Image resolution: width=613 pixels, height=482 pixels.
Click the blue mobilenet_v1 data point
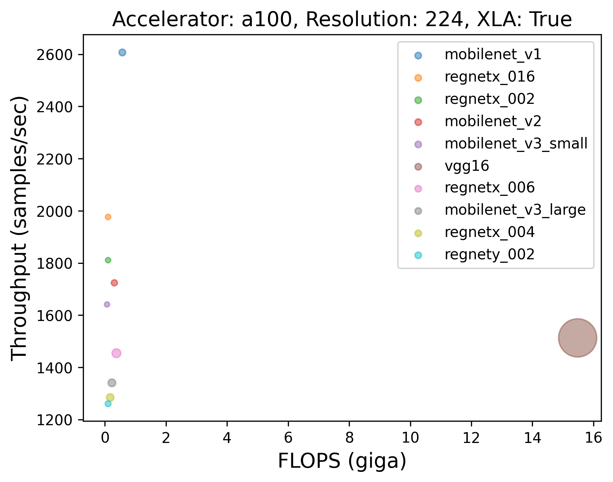(122, 53)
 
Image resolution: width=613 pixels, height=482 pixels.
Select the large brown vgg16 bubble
(577, 338)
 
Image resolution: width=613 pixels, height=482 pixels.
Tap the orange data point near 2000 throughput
(108, 217)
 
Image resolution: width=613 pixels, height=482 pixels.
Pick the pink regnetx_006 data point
(116, 353)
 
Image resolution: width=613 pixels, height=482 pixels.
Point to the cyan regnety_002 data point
(108, 404)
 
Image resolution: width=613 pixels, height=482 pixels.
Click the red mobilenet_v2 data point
(114, 283)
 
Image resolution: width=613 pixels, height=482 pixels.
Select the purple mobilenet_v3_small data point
(107, 304)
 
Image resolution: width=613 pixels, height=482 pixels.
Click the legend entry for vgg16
(467, 166)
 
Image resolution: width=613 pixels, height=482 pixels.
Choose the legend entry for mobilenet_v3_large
(515, 210)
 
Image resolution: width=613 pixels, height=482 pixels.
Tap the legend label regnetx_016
(489, 77)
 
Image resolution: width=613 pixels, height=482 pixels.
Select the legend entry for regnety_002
(489, 255)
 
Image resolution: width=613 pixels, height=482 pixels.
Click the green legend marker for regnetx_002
(418, 100)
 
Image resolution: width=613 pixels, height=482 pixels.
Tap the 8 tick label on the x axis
(349, 438)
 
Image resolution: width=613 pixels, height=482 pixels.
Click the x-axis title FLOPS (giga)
(342, 461)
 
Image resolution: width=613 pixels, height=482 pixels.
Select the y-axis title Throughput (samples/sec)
(19, 228)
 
